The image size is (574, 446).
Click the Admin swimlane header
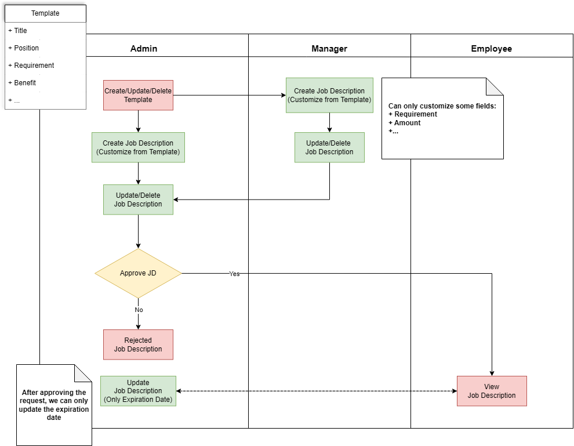[144, 49]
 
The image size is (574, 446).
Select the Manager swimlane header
[329, 49]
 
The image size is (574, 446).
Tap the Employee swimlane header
[491, 49]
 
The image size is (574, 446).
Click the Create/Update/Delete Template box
[138, 95]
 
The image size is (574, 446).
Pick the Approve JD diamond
[138, 273]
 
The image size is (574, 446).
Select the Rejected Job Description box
[138, 345]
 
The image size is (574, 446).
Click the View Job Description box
[492, 391]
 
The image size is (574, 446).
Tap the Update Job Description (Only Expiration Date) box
[138, 391]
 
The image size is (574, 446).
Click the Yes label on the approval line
[234, 274]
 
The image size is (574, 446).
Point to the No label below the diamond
[139, 310]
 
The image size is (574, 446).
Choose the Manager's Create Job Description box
[329, 95]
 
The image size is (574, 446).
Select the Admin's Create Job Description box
[138, 147]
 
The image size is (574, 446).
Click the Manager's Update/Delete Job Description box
[329, 147]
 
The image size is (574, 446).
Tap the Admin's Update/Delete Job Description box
[138, 200]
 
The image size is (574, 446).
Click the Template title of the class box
[45, 13]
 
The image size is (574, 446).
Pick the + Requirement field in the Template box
[31, 66]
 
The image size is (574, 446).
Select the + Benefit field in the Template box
[22, 83]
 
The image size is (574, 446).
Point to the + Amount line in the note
[405, 123]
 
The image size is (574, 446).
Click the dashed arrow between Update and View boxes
[317, 391]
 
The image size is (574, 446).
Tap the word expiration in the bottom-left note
[72, 409]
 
